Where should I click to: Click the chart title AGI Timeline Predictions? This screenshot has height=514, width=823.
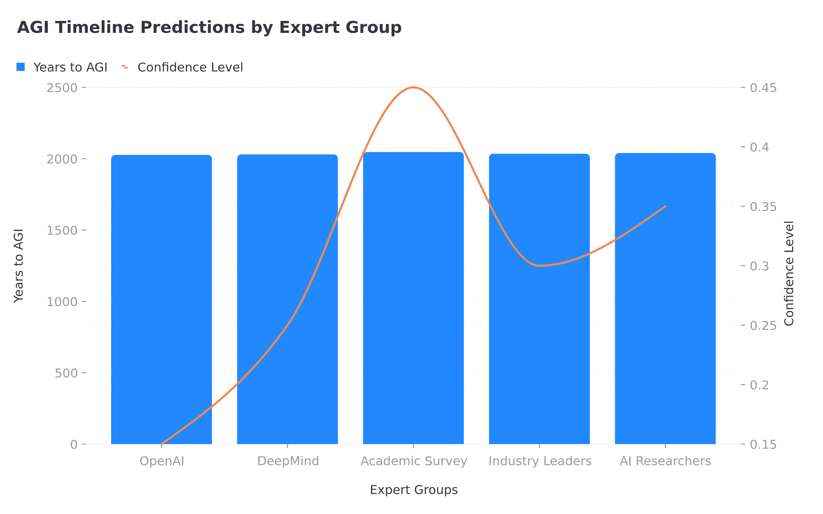click(209, 27)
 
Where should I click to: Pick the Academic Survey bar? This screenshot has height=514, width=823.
click(413, 298)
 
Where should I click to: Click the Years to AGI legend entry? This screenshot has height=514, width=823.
click(62, 67)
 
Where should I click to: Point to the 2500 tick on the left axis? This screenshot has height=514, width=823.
click(62, 88)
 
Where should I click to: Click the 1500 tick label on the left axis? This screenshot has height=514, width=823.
click(62, 231)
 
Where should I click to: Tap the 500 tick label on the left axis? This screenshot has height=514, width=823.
click(66, 373)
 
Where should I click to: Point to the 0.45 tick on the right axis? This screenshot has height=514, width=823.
click(763, 88)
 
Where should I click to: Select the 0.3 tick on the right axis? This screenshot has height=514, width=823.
click(759, 266)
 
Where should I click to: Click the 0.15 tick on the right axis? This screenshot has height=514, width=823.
click(763, 444)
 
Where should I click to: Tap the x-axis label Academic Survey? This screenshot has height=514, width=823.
click(414, 461)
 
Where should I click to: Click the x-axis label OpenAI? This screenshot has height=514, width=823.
click(162, 461)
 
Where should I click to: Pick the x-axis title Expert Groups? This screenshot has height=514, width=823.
click(414, 490)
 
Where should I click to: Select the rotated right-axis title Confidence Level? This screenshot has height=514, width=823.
click(789, 273)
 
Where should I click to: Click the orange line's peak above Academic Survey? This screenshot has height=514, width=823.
click(413, 87)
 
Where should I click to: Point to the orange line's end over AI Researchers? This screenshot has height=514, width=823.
click(665, 206)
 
